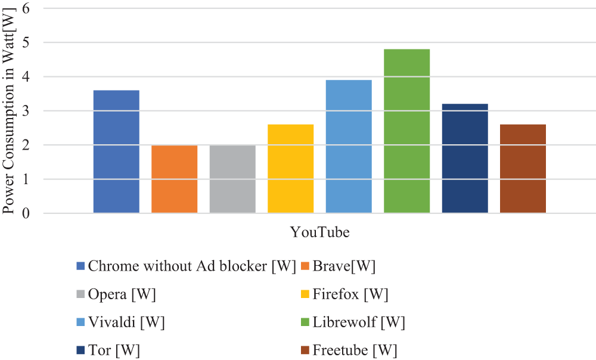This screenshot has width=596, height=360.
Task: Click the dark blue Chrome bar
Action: click(x=116, y=151)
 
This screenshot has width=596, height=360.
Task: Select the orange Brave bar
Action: click(x=174, y=179)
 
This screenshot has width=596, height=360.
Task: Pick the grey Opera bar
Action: click(x=232, y=179)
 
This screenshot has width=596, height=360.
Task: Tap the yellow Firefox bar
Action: click(x=290, y=169)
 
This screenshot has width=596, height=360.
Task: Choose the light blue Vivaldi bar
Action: click(x=349, y=147)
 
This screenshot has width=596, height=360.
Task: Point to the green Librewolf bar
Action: click(x=406, y=131)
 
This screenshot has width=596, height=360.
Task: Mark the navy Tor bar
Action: click(x=465, y=159)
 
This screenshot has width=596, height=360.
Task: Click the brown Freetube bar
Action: click(x=523, y=169)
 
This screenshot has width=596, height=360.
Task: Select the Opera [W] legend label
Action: click(x=122, y=294)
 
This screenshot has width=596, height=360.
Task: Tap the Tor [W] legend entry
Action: click(x=114, y=350)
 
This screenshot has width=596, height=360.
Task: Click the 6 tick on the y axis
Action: click(x=26, y=8)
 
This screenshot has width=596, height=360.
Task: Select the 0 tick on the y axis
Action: click(x=26, y=213)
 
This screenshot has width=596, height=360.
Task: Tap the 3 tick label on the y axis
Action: click(x=26, y=111)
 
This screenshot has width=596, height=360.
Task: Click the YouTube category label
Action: click(x=319, y=232)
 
